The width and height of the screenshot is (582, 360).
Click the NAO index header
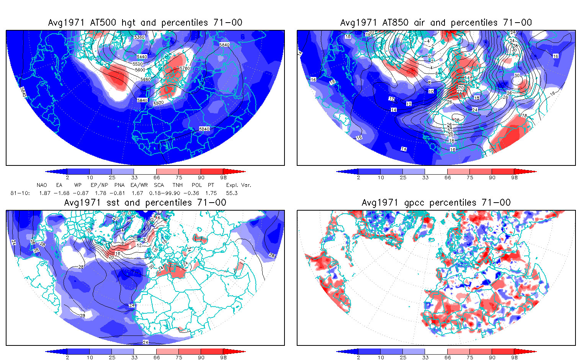pyautogui.click(x=42, y=185)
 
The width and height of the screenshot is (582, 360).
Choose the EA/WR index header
pyautogui.click(x=139, y=185)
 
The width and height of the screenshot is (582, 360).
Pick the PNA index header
pyautogui.click(x=119, y=185)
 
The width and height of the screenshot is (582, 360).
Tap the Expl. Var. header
pyautogui.click(x=239, y=185)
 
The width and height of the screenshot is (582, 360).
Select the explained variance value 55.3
pyautogui.click(x=232, y=193)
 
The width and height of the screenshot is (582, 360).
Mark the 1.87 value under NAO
pyautogui.click(x=45, y=193)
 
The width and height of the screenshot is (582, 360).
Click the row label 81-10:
pyautogui.click(x=20, y=193)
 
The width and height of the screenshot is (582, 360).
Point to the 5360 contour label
pyautogui.click(x=139, y=37)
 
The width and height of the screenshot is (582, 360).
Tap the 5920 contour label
pyautogui.click(x=159, y=103)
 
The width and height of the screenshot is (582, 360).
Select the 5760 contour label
pyautogui.click(x=185, y=69)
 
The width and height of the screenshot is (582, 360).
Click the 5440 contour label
pyautogui.click(x=142, y=57)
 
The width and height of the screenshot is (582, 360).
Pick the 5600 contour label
pyautogui.click(x=140, y=70)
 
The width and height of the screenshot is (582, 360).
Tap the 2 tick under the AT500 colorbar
pyautogui.click(x=67, y=178)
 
